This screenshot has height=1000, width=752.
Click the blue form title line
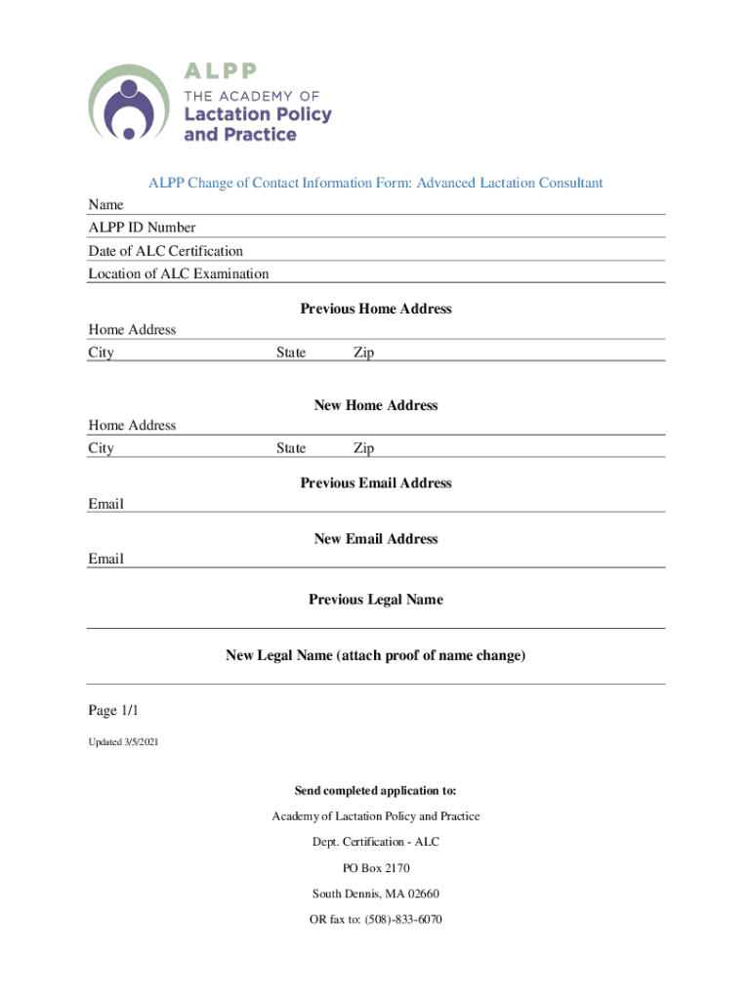click(x=375, y=183)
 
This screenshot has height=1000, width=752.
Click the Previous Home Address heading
click(x=376, y=309)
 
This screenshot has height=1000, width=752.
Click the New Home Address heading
click(x=376, y=405)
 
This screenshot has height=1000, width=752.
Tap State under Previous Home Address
click(x=290, y=353)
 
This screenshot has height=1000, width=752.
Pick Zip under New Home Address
click(x=363, y=448)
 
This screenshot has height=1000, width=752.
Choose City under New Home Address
click(x=101, y=448)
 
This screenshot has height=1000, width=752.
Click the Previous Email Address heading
click(x=376, y=482)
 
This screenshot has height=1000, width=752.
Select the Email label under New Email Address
click(x=105, y=560)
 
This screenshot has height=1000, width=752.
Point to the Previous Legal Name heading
click(x=376, y=600)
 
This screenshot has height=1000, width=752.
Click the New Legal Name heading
click(x=376, y=656)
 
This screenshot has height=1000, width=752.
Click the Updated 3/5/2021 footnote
click(x=123, y=743)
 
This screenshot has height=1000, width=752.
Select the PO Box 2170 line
click(x=376, y=867)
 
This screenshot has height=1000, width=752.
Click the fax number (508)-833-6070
click(x=402, y=919)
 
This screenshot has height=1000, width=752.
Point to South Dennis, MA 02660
click(x=376, y=894)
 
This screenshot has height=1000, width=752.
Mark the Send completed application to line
click(x=376, y=790)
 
